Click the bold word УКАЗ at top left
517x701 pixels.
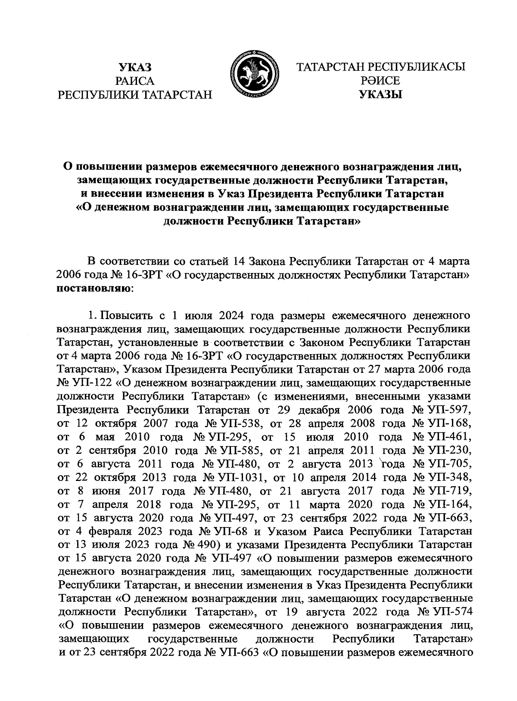click(x=136, y=67)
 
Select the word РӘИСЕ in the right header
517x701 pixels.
click(x=381, y=81)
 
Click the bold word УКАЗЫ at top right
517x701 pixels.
click(x=381, y=94)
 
